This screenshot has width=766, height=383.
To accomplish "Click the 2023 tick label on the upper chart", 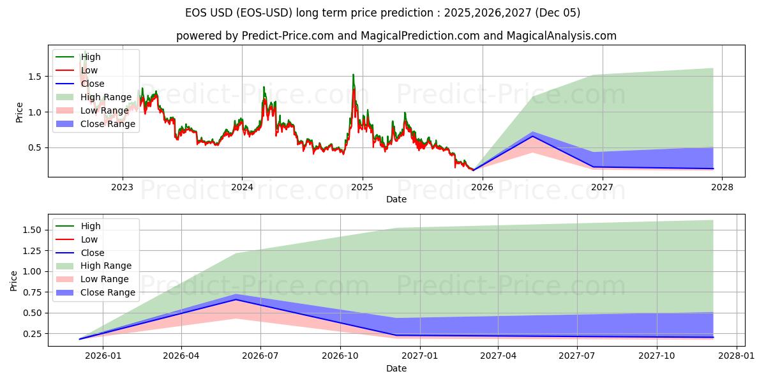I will click(122, 187).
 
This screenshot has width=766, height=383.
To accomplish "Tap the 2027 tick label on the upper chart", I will click(602, 187).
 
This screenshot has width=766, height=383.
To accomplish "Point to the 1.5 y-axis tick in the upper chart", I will click(34, 77).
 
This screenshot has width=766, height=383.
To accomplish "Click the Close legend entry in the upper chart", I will click(93, 84).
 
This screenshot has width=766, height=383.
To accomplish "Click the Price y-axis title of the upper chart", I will click(19, 112).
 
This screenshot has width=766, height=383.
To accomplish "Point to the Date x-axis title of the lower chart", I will click(396, 368).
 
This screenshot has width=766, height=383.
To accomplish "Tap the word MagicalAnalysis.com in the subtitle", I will click(562, 36).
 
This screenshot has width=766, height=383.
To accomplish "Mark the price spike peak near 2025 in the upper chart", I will click(353, 75).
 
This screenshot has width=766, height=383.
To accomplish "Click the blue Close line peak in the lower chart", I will click(236, 299).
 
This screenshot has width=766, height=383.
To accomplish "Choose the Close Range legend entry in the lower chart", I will click(107, 292).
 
